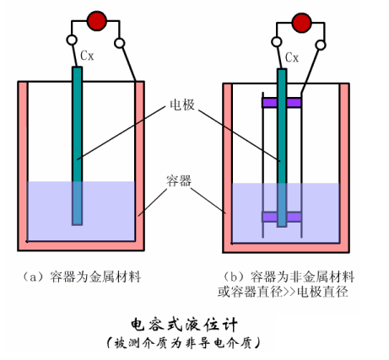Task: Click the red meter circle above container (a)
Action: coord(97,21)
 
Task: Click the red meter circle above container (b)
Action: coord(302,23)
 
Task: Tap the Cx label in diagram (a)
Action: coord(87,56)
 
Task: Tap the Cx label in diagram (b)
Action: coord(292,57)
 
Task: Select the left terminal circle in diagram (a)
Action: coord(72,40)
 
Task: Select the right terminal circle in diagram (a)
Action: coord(120,43)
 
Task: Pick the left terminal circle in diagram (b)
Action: coord(277,42)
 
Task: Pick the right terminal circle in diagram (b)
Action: coord(321,45)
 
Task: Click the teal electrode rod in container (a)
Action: coord(77,146)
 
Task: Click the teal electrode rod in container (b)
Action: coord(282,148)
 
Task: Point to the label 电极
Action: coord(182,105)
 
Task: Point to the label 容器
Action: coord(179,180)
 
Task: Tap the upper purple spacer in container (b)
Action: coord(282,103)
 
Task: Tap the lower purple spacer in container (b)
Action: coord(282,217)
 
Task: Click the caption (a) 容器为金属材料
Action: coord(81,277)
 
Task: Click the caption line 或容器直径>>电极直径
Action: coord(283,292)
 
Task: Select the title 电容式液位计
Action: coord(184,325)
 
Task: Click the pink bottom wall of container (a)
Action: coord(81,246)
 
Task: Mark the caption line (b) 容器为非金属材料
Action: coord(289,277)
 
